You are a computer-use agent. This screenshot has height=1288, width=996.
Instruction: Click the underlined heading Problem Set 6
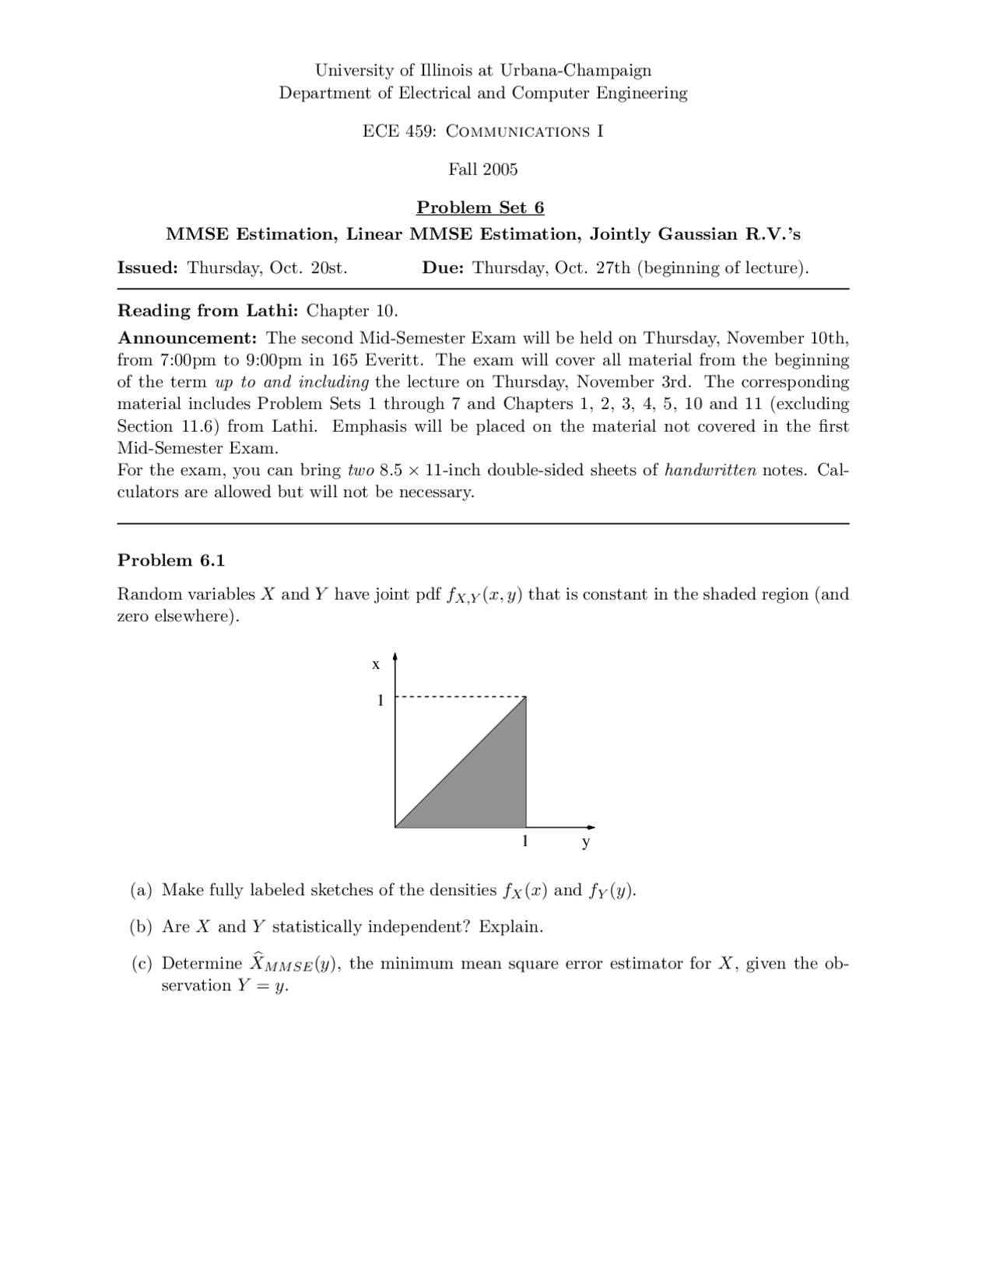coord(480,208)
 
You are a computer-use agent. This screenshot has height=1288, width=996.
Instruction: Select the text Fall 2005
coord(482,170)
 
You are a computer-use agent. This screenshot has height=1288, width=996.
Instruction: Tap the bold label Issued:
coord(148,268)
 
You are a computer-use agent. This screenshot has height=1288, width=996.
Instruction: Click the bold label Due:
coord(443,268)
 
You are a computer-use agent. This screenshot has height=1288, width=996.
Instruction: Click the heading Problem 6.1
coord(170,561)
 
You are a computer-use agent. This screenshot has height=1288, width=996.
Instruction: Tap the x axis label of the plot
coord(376,664)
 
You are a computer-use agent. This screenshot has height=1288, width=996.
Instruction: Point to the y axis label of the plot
coord(586,842)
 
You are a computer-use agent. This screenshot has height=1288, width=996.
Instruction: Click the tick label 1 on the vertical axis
coord(381,701)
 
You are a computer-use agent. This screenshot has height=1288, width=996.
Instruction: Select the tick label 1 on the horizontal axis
coord(525,842)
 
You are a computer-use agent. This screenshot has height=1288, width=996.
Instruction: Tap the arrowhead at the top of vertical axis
coord(395,656)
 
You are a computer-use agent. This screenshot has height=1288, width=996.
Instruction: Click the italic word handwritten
coord(710,471)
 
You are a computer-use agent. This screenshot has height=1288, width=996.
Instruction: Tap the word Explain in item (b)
coord(510,927)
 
